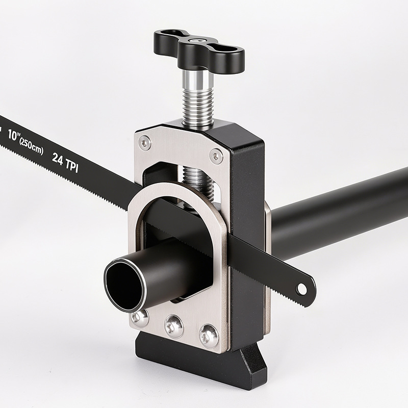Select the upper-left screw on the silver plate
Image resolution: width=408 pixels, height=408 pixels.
coord(144,143)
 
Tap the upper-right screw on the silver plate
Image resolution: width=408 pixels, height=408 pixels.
coord(216,156)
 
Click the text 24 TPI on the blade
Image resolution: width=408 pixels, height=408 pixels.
coord(65,162)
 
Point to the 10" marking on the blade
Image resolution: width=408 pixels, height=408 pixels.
coord(13,135)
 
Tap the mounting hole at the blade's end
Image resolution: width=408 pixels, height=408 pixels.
coord(301,288)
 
